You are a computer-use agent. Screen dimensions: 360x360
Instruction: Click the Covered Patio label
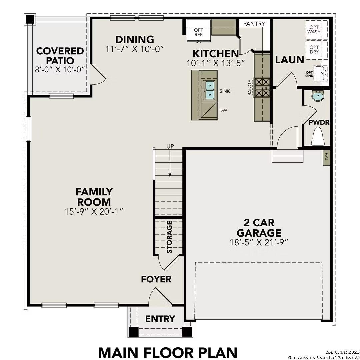pos(60,56)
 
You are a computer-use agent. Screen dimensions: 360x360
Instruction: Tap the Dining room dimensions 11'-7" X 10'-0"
pos(135,49)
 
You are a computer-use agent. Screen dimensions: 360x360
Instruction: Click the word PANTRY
pos(254,24)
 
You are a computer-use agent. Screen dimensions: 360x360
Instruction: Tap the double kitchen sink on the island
pos(210,90)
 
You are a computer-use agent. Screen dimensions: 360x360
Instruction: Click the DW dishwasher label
pos(223,110)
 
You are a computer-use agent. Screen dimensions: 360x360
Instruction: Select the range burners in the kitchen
pos(262,87)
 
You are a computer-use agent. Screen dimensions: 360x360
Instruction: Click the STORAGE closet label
pos(169,237)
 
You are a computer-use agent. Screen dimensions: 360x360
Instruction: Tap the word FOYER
pos(156,279)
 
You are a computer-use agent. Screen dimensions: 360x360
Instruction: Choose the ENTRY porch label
pos(160,319)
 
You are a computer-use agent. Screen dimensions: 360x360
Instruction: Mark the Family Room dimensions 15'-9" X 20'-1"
pos(94,211)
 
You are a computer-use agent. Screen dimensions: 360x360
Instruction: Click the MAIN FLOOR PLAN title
pos(168,352)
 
